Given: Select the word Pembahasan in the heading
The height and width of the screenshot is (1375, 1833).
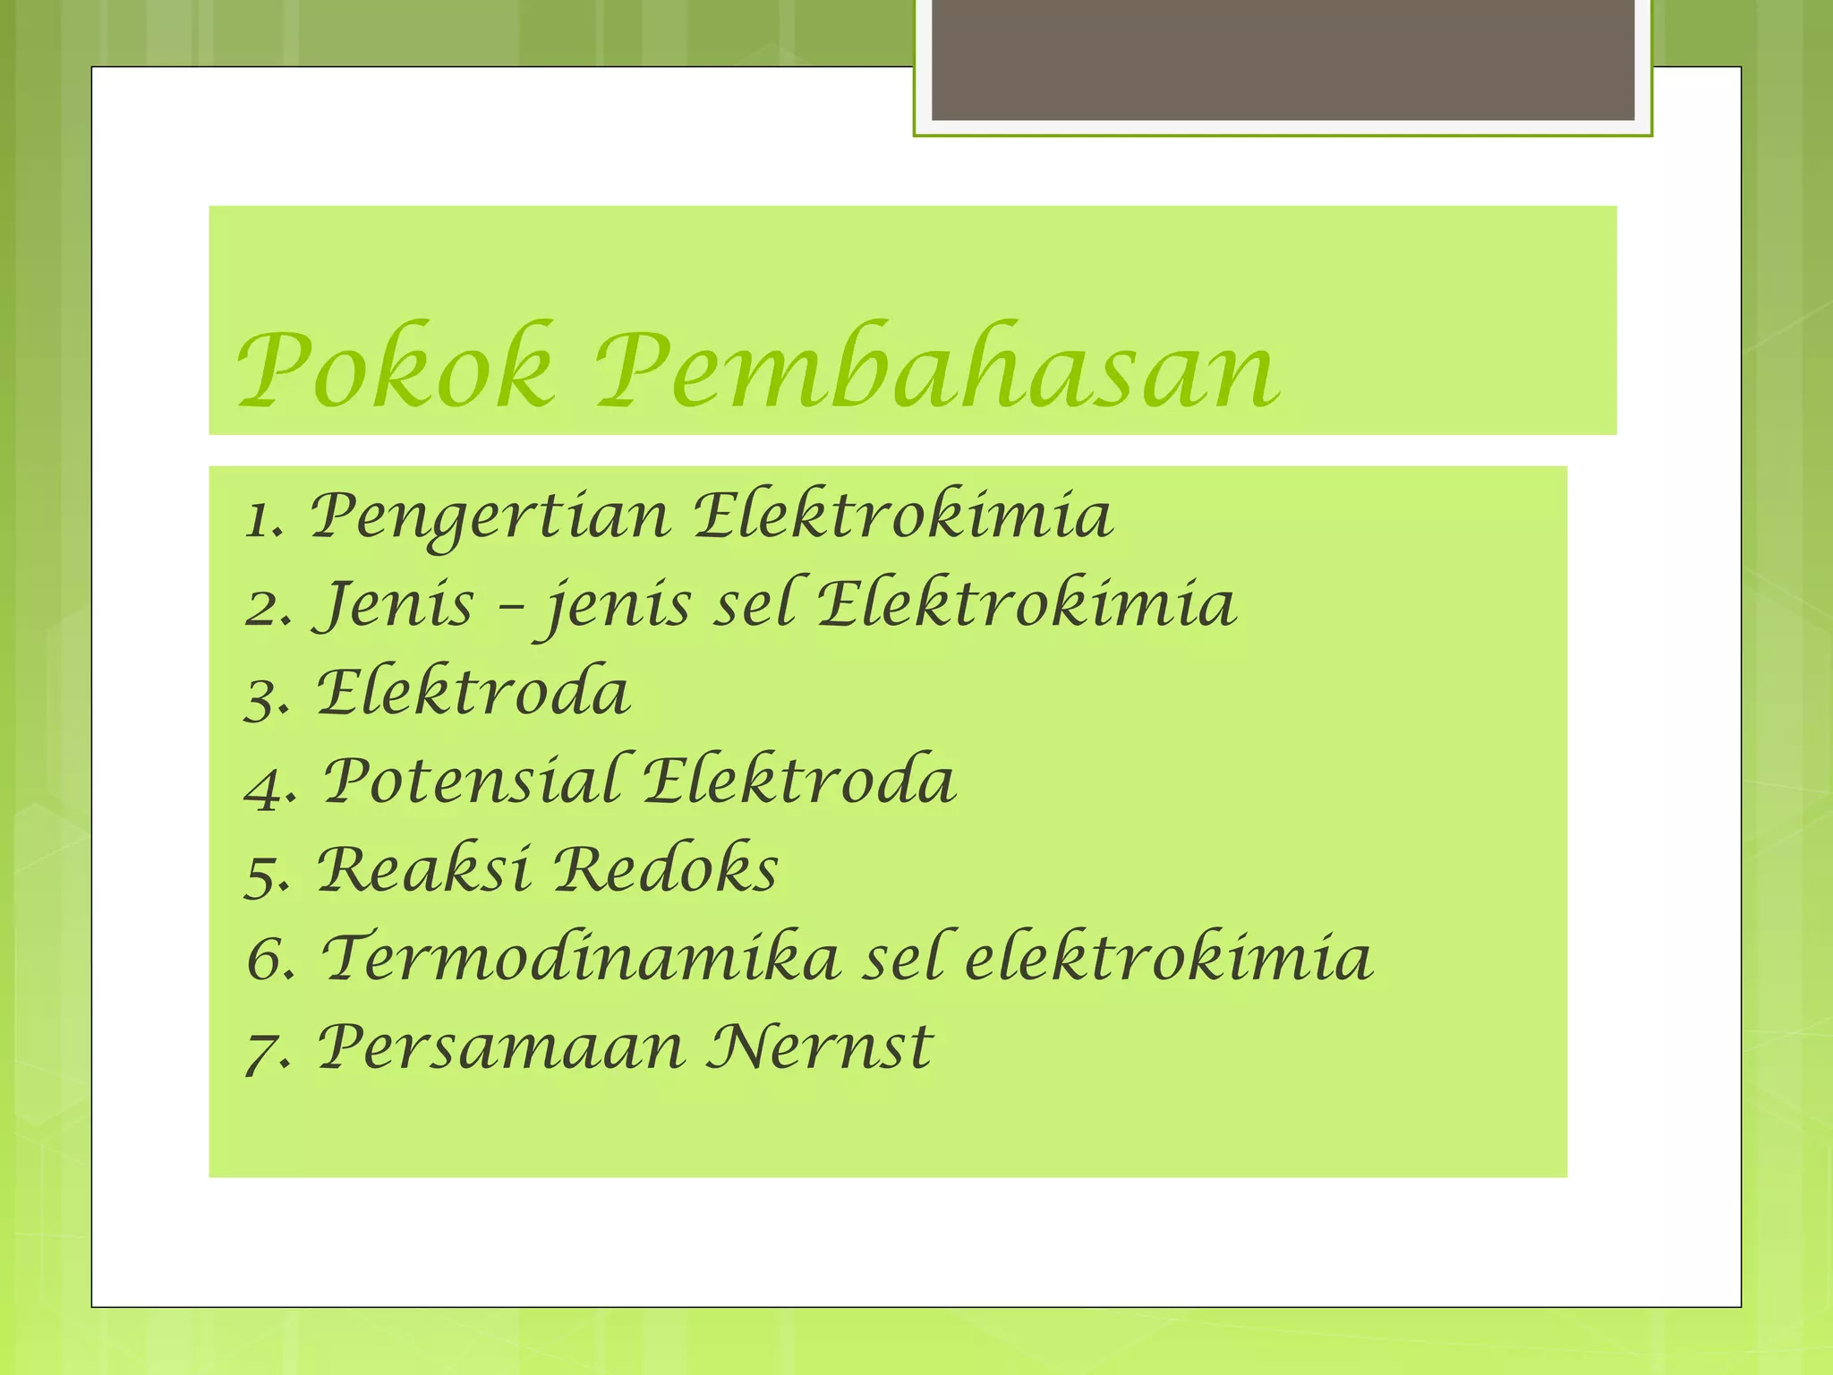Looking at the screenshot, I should point(938,368).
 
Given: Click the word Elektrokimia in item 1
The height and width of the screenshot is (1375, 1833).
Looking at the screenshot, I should point(903,517).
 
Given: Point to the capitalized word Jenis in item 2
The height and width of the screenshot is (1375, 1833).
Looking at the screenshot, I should point(394,604).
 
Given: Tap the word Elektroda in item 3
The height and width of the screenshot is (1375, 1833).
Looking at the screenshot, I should point(473,693).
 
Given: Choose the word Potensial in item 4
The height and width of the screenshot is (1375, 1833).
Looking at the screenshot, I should point(471,781).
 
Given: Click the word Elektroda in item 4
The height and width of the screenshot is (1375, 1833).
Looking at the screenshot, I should point(799,781).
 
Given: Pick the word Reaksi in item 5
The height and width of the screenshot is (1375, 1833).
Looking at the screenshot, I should point(423,869).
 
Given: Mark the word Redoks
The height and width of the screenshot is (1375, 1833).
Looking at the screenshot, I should point(666,869).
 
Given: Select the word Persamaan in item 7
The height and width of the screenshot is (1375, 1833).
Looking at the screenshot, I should point(501,1046).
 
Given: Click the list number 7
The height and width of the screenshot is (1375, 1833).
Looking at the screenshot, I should point(261,1049).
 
